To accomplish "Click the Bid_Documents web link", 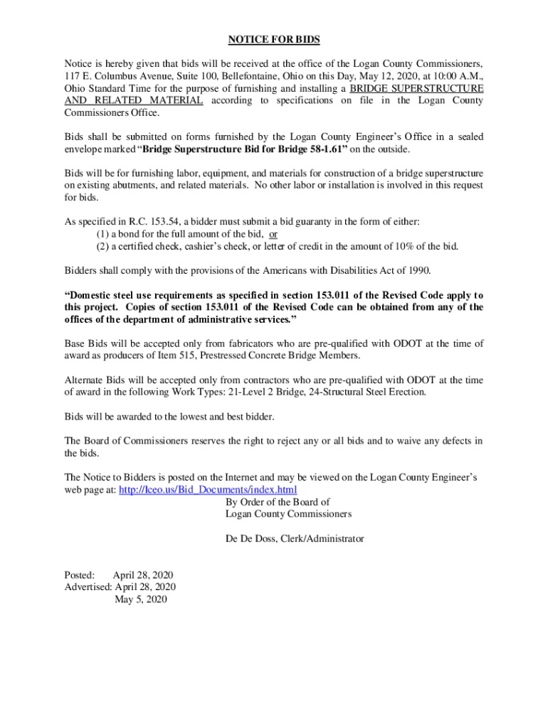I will point(208,490).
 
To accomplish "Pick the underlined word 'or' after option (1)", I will point(273,235).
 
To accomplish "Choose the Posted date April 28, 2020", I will point(143,574).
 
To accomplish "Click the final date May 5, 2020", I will point(141,599).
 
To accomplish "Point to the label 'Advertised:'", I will point(88,587).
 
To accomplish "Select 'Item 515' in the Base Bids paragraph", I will point(189,355).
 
